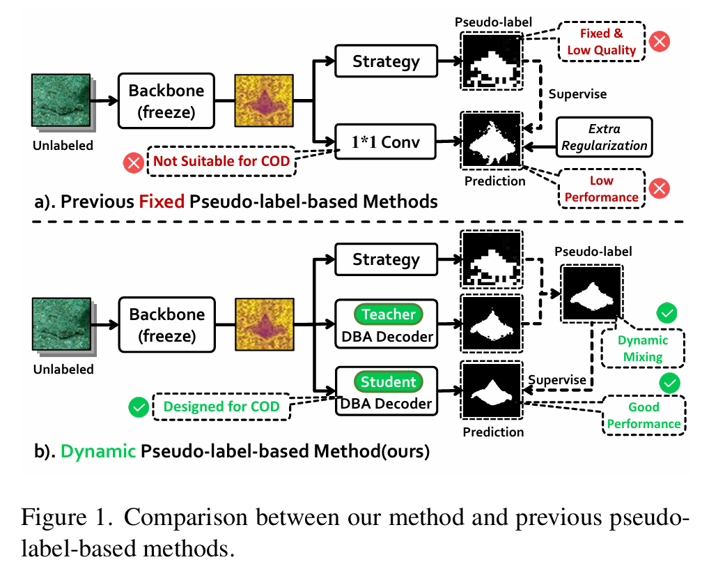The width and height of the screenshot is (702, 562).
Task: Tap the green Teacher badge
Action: [389, 314]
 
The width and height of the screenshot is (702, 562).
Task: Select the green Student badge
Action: [389, 382]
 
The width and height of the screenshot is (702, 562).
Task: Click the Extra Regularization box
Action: [604, 137]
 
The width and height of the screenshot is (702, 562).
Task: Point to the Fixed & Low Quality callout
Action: [602, 42]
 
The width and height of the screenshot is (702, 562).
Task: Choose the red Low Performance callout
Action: [601, 189]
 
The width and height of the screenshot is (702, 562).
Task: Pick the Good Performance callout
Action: [643, 415]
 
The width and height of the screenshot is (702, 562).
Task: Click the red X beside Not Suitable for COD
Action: [132, 163]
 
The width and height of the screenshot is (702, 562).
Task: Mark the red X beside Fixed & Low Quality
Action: [659, 42]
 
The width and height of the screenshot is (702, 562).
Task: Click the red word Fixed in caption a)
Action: [162, 202]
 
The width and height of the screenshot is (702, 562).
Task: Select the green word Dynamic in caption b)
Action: [98, 451]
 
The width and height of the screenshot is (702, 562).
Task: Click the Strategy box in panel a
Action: [386, 61]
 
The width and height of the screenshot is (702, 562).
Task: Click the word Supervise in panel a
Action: [577, 93]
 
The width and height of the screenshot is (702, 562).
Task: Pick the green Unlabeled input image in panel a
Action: [61, 102]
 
